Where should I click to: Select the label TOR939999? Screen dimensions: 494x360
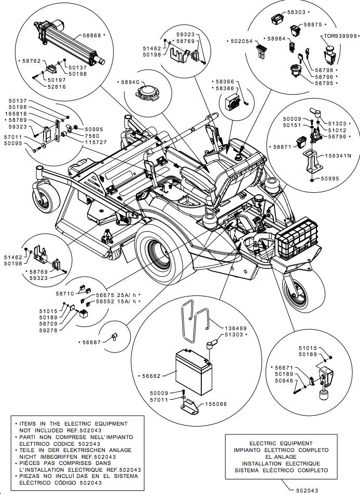coord(340,36)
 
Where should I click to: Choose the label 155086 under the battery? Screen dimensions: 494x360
coord(216,404)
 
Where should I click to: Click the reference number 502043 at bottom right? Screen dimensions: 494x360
coord(308,489)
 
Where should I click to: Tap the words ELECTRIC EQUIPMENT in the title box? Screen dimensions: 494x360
coord(281,443)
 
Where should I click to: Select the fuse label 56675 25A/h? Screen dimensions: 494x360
coord(122,294)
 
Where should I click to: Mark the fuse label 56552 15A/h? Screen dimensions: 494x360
coord(122,301)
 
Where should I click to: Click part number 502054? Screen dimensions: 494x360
coord(241,41)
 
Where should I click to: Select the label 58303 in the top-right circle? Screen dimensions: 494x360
coord(296,11)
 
